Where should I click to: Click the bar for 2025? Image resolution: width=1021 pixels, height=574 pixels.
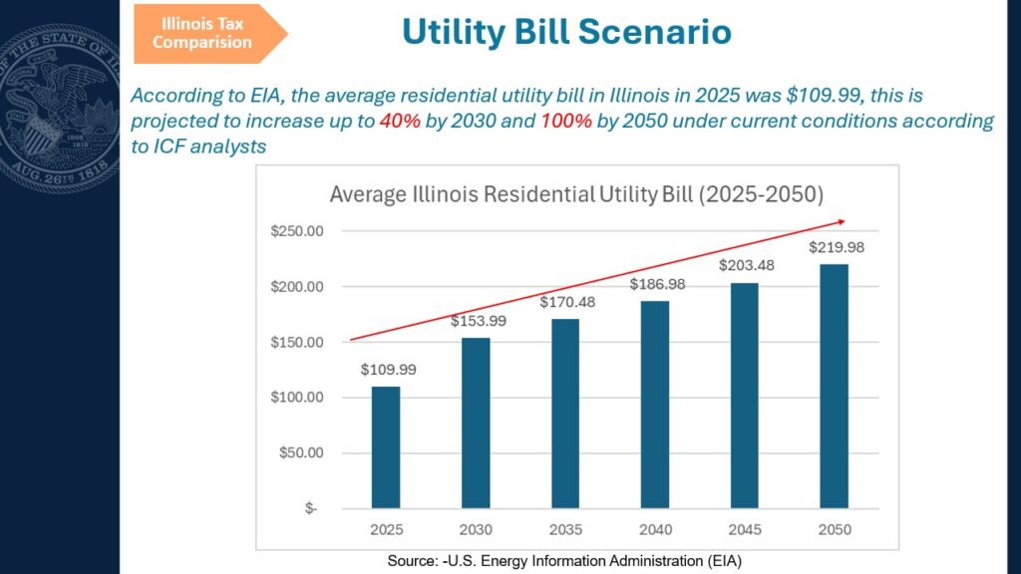coord(386,447)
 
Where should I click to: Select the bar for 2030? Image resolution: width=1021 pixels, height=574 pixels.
coord(476,423)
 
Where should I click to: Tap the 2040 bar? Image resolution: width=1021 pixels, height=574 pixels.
coord(655,405)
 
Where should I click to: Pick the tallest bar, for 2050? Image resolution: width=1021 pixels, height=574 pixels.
coord(835,386)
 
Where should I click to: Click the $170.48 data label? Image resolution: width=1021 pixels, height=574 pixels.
coord(567,302)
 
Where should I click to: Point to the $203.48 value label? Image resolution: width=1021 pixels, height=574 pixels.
coord(746,265)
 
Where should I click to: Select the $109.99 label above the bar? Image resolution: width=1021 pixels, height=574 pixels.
coord(389,370)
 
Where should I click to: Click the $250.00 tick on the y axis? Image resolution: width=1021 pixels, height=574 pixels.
coord(297,231)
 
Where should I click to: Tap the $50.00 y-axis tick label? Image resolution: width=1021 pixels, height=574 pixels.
coord(301,452)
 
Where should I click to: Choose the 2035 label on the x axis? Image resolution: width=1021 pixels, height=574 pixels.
coord(565,530)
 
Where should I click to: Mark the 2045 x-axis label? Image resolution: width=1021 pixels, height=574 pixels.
coord(745,530)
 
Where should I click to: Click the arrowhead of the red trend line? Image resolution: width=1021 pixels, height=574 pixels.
coord(842,222)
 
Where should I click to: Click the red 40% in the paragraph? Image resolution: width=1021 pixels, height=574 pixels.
coord(400,121)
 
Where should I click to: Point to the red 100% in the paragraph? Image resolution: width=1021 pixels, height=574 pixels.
coord(566,121)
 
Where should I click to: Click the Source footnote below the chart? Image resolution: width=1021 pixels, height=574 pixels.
coord(564,561)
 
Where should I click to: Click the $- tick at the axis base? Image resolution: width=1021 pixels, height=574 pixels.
coord(311,508)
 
